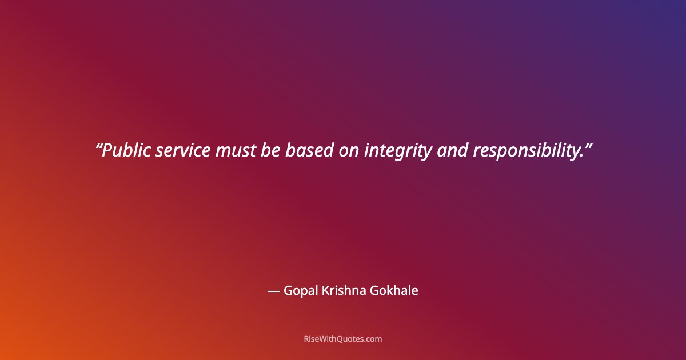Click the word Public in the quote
pyautogui.click(x=126, y=150)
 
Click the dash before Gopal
pyautogui.click(x=273, y=291)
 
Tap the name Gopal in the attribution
pyautogui.click(x=300, y=291)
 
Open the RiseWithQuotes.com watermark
pyautogui.click(x=343, y=339)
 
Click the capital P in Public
pyautogui.click(x=106, y=150)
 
